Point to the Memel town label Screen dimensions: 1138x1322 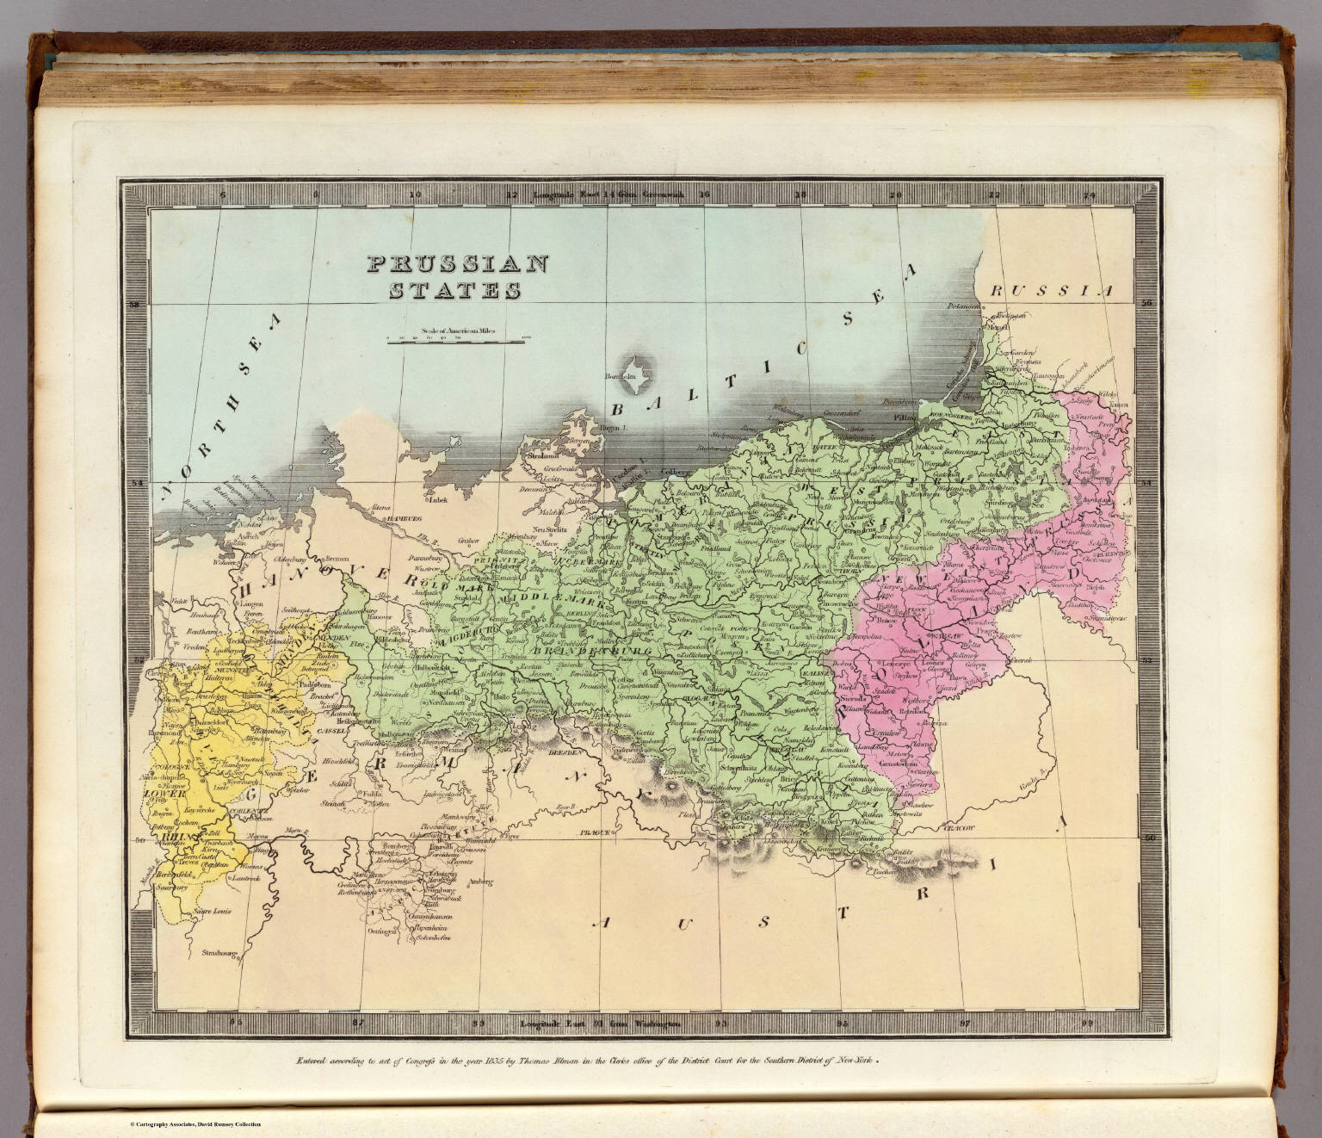pos(998,327)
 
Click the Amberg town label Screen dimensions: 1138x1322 pos(483,880)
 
